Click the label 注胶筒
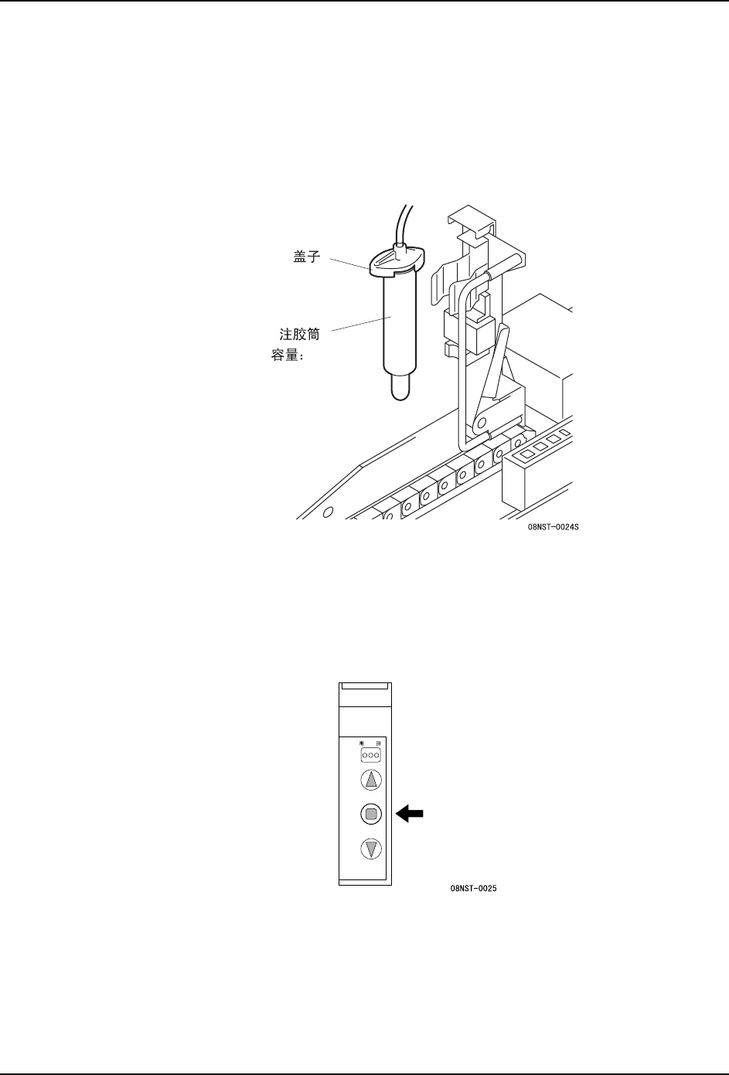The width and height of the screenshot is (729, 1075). coord(299,335)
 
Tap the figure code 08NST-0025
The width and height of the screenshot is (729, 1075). coord(473,889)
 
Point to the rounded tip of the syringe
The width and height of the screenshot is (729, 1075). coord(400,387)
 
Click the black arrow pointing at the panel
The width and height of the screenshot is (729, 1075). coord(411,813)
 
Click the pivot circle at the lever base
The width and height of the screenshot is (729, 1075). coord(479,424)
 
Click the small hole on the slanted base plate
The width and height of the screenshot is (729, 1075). coord(329,512)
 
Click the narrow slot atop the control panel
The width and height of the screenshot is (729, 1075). coord(364,685)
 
